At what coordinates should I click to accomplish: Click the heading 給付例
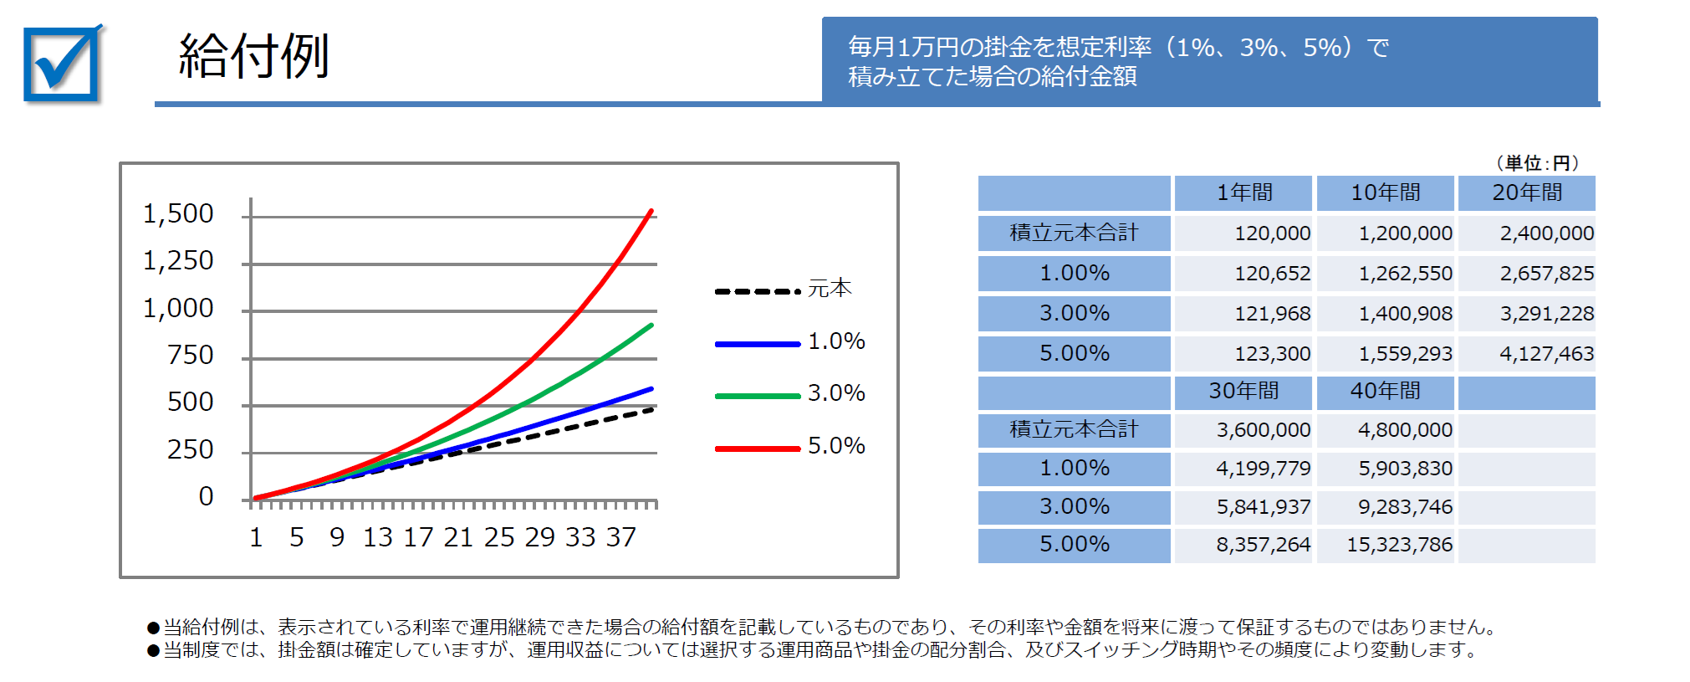pos(253,57)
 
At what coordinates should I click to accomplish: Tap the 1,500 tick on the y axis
pos(178,214)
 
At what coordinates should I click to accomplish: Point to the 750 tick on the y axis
pos(190,356)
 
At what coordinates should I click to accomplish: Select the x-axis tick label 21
pos(458,537)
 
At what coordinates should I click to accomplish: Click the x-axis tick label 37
pos(621,537)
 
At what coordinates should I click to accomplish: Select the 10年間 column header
pos(1386,193)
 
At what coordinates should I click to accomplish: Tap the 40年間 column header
pos(1386,391)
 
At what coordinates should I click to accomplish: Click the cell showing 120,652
pos(1272,274)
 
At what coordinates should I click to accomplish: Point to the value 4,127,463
pos(1546,354)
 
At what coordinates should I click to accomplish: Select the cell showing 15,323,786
pos(1399,545)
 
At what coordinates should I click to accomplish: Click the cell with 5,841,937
pos(1263,507)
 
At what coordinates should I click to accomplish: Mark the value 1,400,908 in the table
pos(1405,314)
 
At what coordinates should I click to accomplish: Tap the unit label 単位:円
pos(1537,163)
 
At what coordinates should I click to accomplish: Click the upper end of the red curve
pos(651,211)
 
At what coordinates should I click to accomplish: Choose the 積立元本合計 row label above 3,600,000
pos(1074,430)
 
